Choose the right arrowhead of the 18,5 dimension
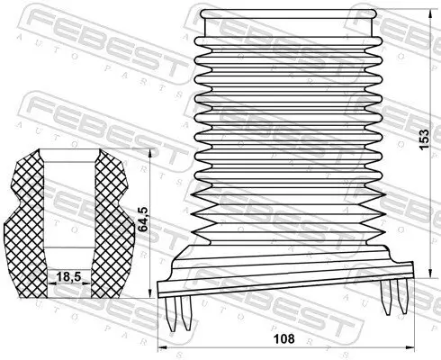point(86,283)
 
